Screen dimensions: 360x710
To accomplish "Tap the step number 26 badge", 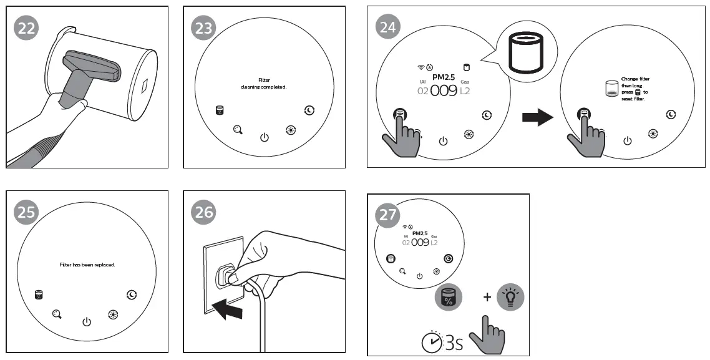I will tap(203, 213).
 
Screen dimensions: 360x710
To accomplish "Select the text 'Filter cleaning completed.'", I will tap(263, 84).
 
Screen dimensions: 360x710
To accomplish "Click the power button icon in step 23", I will tap(264, 137).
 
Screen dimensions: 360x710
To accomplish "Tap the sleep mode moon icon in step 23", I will tap(309, 110).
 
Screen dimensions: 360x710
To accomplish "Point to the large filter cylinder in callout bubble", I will tap(525, 53).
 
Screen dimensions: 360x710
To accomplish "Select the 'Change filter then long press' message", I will tap(635, 89).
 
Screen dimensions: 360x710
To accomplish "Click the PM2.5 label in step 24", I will tap(444, 76).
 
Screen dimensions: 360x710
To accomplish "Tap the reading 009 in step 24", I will tap(444, 91).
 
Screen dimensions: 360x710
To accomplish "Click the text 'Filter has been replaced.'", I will tap(87, 265).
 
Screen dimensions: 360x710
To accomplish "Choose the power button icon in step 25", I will tap(87, 322).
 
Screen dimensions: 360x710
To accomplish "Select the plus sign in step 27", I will tap(487, 298).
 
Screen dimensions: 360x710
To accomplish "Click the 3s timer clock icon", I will tap(432, 342).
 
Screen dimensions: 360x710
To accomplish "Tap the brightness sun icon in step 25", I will tap(112, 314).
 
